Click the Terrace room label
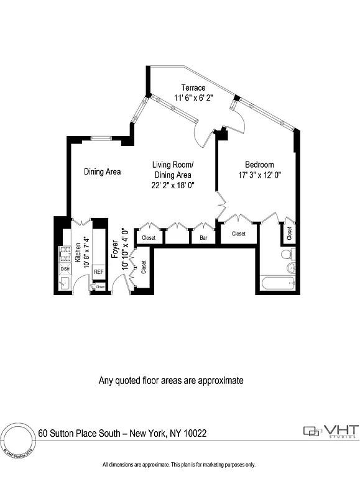click(x=193, y=88)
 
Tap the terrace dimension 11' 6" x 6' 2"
click(x=193, y=98)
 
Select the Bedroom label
click(x=259, y=165)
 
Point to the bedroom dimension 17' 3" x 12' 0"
click(x=259, y=175)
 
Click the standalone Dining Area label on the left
click(x=103, y=172)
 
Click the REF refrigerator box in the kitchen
click(x=98, y=271)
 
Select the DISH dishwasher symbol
click(x=65, y=268)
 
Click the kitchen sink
click(x=65, y=283)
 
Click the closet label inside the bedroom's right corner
click(x=290, y=233)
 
